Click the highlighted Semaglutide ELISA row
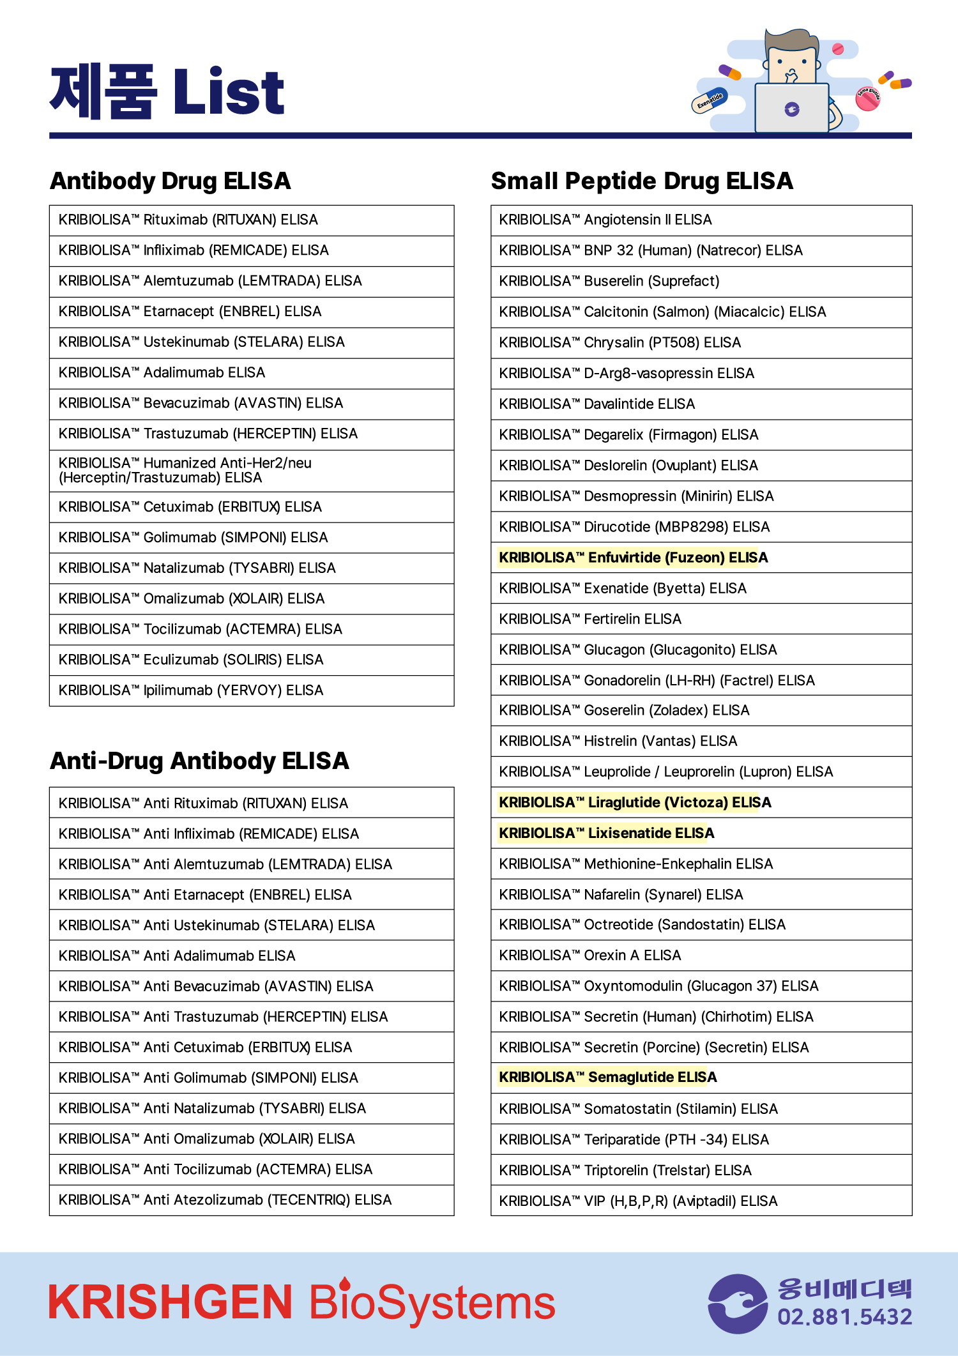(x=607, y=1078)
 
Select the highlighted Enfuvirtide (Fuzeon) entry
(x=633, y=558)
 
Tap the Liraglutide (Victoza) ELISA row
(x=635, y=802)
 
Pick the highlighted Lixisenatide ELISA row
(x=606, y=833)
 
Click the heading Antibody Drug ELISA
(x=171, y=181)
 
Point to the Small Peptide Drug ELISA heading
(x=641, y=181)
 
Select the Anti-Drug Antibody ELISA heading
(x=199, y=761)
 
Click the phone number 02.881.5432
(x=844, y=1317)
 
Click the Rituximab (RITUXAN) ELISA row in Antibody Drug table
(x=188, y=220)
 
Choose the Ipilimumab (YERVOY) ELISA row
(x=191, y=690)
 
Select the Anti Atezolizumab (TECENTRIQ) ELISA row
(x=225, y=1200)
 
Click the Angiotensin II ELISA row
(x=605, y=220)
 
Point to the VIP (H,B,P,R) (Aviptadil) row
(x=638, y=1201)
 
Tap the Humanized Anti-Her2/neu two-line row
(x=185, y=471)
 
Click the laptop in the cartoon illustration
(x=791, y=107)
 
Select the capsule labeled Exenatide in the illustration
(x=710, y=100)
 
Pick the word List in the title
(x=228, y=93)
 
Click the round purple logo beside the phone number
(x=738, y=1304)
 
